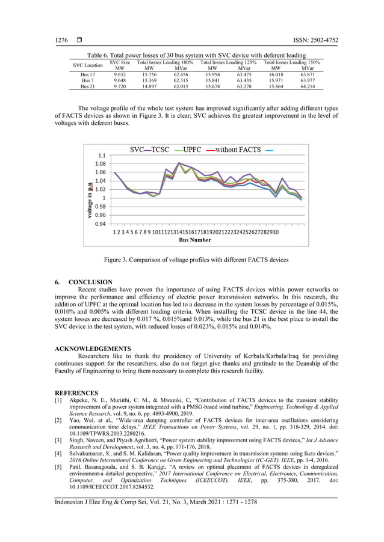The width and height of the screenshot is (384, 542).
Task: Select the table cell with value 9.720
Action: click(120, 87)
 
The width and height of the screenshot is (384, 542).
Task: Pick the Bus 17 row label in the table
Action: click(87, 75)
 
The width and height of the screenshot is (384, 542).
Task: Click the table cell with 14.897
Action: click(150, 87)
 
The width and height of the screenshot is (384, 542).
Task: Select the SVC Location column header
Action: click(87, 65)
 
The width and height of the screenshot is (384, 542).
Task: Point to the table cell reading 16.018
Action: click(276, 75)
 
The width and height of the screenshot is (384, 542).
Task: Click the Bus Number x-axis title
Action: click(195, 240)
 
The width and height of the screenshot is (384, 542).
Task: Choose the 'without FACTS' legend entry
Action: click(238, 149)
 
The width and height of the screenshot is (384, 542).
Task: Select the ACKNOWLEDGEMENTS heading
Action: click(93, 349)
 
